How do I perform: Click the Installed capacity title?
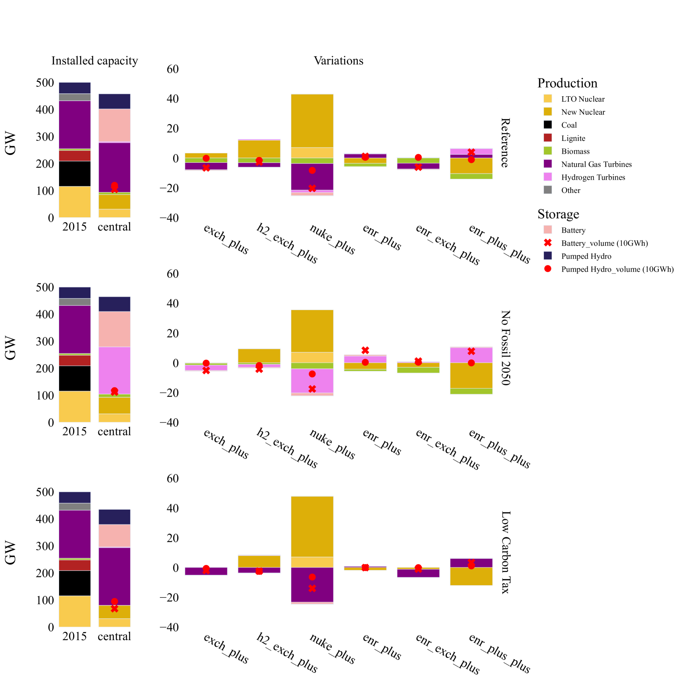tap(95, 61)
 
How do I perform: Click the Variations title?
tap(338, 61)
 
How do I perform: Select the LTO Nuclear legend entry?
tap(582, 99)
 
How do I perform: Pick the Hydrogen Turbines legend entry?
tap(593, 178)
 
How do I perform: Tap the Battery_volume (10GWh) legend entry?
tap(604, 243)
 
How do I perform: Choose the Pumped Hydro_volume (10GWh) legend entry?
tap(617, 269)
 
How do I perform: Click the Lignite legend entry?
tap(573, 138)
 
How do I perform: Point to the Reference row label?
tap(505, 143)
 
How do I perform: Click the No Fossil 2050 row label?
tap(505, 348)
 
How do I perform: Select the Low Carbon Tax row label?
tap(505, 552)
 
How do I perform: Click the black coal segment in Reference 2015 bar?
tap(75, 173)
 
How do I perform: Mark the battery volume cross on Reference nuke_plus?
tap(312, 188)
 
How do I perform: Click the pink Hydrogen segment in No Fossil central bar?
tap(114, 370)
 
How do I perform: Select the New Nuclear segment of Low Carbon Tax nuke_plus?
tap(312, 526)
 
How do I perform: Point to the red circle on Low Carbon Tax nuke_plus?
tap(312, 577)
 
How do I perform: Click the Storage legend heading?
tap(558, 214)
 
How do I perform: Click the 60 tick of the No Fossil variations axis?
tap(173, 274)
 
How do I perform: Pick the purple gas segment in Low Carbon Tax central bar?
tap(114, 576)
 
